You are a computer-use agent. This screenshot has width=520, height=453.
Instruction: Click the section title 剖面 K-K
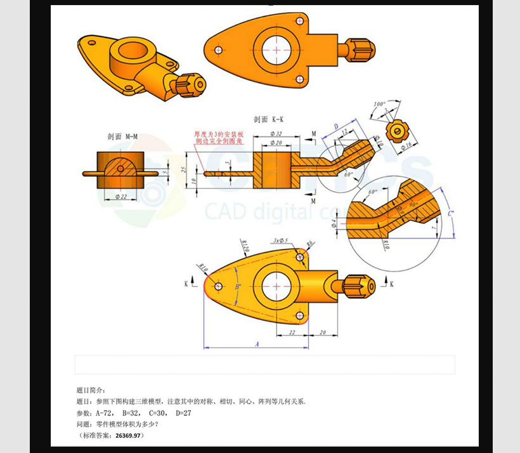point(269,119)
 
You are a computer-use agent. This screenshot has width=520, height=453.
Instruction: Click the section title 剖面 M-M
point(123,136)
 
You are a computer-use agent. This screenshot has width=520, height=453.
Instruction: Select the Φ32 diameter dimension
point(276,134)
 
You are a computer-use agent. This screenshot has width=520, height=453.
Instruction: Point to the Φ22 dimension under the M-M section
point(119,198)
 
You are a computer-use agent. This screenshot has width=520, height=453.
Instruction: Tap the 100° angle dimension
point(379,103)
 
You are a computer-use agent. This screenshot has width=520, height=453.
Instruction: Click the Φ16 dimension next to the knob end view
point(406,145)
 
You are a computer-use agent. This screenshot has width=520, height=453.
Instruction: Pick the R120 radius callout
point(245,245)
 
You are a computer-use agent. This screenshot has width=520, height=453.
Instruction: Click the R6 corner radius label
point(310,244)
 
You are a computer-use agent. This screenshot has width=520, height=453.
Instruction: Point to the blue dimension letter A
point(257,343)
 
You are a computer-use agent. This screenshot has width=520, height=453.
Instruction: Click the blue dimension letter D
point(336,127)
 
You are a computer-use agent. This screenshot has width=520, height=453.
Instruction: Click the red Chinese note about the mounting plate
point(216,138)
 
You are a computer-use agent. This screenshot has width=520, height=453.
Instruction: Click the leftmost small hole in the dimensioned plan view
point(218,287)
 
